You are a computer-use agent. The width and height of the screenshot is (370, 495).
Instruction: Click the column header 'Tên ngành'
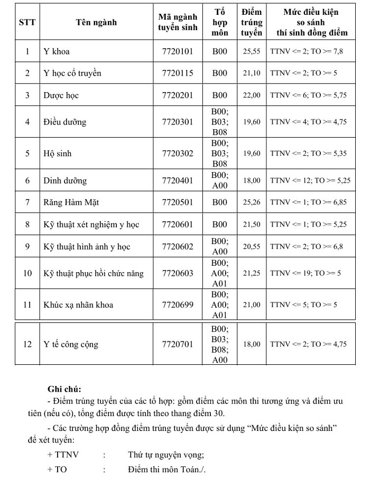click(x=96, y=22)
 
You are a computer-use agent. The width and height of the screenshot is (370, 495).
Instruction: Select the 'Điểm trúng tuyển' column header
click(x=251, y=22)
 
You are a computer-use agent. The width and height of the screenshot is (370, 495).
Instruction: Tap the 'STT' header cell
click(x=27, y=22)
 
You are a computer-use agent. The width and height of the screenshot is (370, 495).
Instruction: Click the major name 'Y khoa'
click(x=57, y=51)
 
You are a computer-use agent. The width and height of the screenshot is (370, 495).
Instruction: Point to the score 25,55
click(x=252, y=51)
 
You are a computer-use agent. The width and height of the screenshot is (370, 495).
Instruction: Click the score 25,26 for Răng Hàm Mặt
click(x=252, y=202)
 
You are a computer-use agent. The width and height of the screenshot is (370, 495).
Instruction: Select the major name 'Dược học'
click(x=61, y=95)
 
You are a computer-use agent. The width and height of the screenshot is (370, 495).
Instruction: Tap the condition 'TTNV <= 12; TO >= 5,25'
click(x=310, y=181)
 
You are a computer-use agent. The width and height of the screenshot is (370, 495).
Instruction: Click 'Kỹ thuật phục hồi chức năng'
click(x=94, y=274)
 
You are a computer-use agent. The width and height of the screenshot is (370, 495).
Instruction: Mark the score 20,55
click(x=252, y=247)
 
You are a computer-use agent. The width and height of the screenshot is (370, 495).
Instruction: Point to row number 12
click(x=27, y=344)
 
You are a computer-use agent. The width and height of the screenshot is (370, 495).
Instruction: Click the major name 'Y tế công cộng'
click(x=71, y=344)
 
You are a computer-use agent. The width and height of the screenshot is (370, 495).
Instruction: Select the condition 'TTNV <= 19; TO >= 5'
click(x=306, y=274)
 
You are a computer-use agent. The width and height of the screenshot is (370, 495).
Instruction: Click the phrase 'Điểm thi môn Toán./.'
click(x=166, y=470)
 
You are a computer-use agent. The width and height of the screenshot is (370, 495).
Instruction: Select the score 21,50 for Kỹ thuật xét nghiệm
click(x=252, y=224)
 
